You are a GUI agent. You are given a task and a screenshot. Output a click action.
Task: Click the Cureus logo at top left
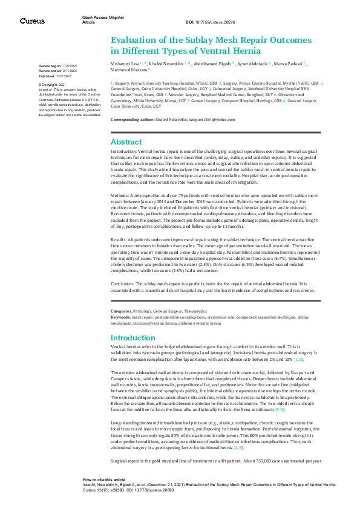click(x=32, y=21)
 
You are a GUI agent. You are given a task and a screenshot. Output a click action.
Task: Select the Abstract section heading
click(x=126, y=141)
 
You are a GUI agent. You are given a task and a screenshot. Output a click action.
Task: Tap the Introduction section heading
click(x=133, y=337)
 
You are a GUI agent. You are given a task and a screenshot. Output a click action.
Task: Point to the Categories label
click(x=123, y=311)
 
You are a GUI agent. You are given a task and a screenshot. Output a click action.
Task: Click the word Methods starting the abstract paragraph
click(x=120, y=197)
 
